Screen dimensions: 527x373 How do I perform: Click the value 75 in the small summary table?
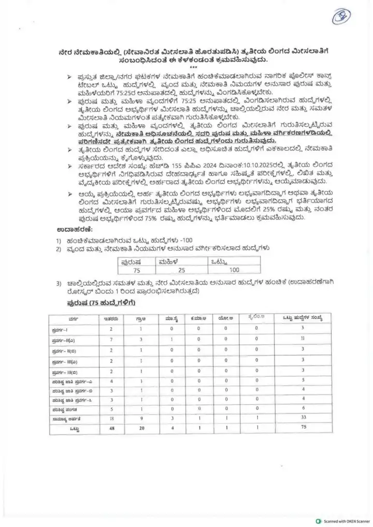pyautogui.click(x=136, y=269)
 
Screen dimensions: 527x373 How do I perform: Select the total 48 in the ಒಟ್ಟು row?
pyautogui.click(x=111, y=429)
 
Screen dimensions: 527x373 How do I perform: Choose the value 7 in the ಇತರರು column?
pyautogui.click(x=111, y=339)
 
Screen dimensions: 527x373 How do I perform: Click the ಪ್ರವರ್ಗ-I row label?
pyautogui.click(x=63, y=329)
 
